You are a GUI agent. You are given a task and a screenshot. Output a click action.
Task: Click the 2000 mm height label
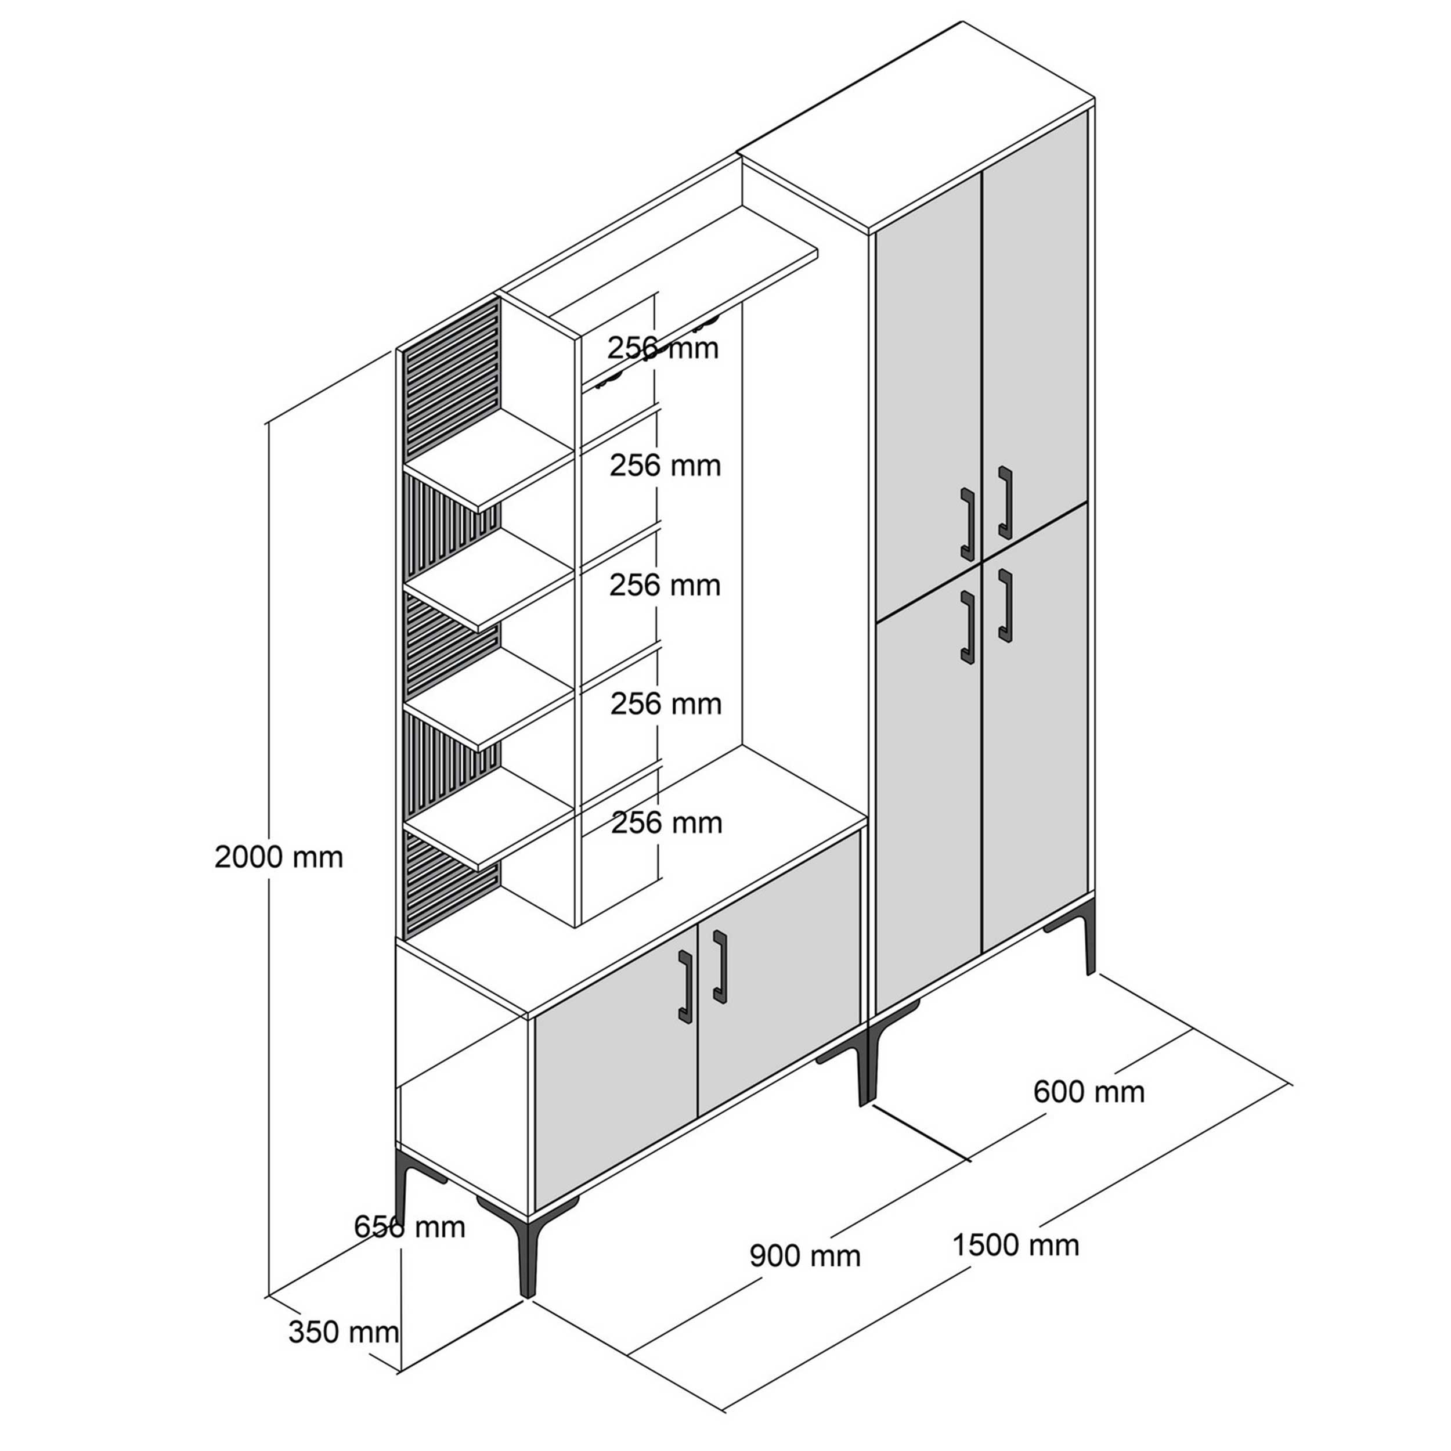click(x=279, y=857)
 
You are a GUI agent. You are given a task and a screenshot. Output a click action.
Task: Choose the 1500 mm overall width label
click(x=1015, y=1245)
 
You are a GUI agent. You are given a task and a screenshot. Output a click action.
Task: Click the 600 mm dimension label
click(x=1089, y=1091)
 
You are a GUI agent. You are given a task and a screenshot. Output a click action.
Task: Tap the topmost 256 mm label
click(x=663, y=348)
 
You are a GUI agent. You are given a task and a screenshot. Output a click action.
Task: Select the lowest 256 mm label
click(x=666, y=823)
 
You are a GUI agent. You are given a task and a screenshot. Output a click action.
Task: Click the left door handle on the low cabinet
click(x=685, y=986)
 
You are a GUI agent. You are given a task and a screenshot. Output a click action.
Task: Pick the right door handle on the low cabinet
click(x=720, y=966)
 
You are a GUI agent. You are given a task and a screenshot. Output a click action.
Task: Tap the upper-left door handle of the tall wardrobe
click(x=968, y=524)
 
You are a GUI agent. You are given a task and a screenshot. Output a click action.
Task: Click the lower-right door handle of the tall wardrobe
click(x=1005, y=605)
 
